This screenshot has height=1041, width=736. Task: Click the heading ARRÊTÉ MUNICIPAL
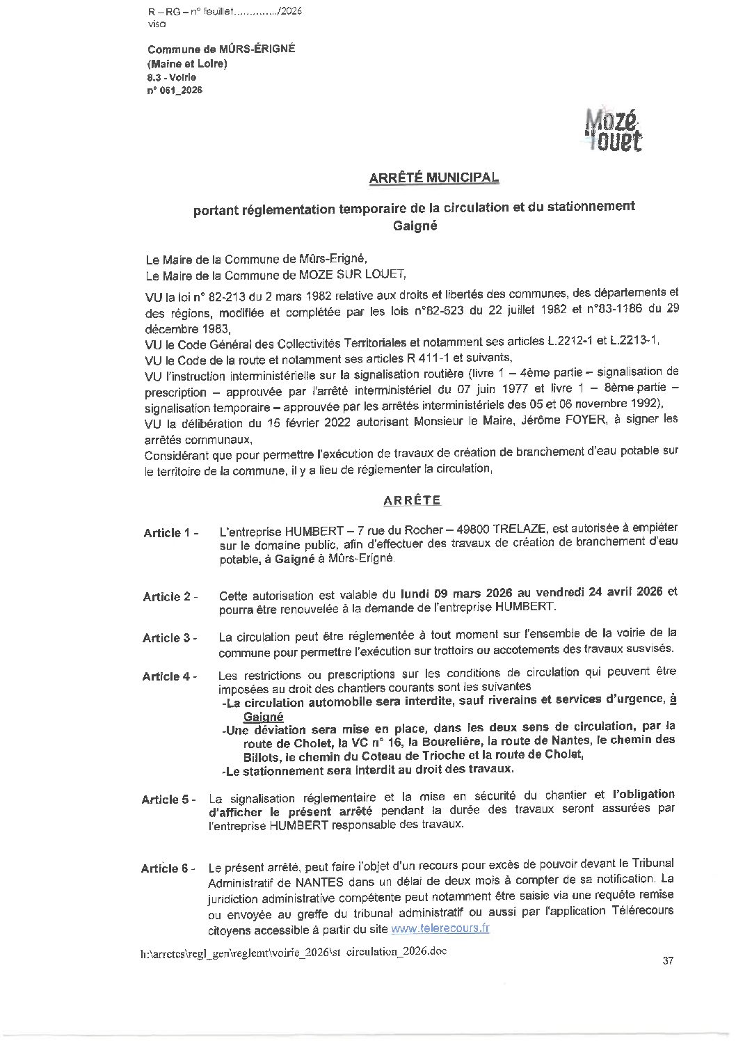(x=433, y=177)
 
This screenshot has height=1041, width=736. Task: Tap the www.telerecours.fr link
(x=441, y=928)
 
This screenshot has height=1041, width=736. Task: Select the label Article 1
(x=171, y=533)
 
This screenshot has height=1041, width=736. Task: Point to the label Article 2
(x=170, y=597)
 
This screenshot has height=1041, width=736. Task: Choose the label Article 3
(x=170, y=638)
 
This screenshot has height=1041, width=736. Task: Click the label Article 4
(x=170, y=676)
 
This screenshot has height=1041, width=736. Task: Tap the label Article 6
(x=168, y=868)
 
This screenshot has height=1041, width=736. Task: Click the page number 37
(x=669, y=961)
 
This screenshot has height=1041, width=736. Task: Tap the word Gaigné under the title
(x=415, y=225)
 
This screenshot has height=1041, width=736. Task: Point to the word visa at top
(x=158, y=24)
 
